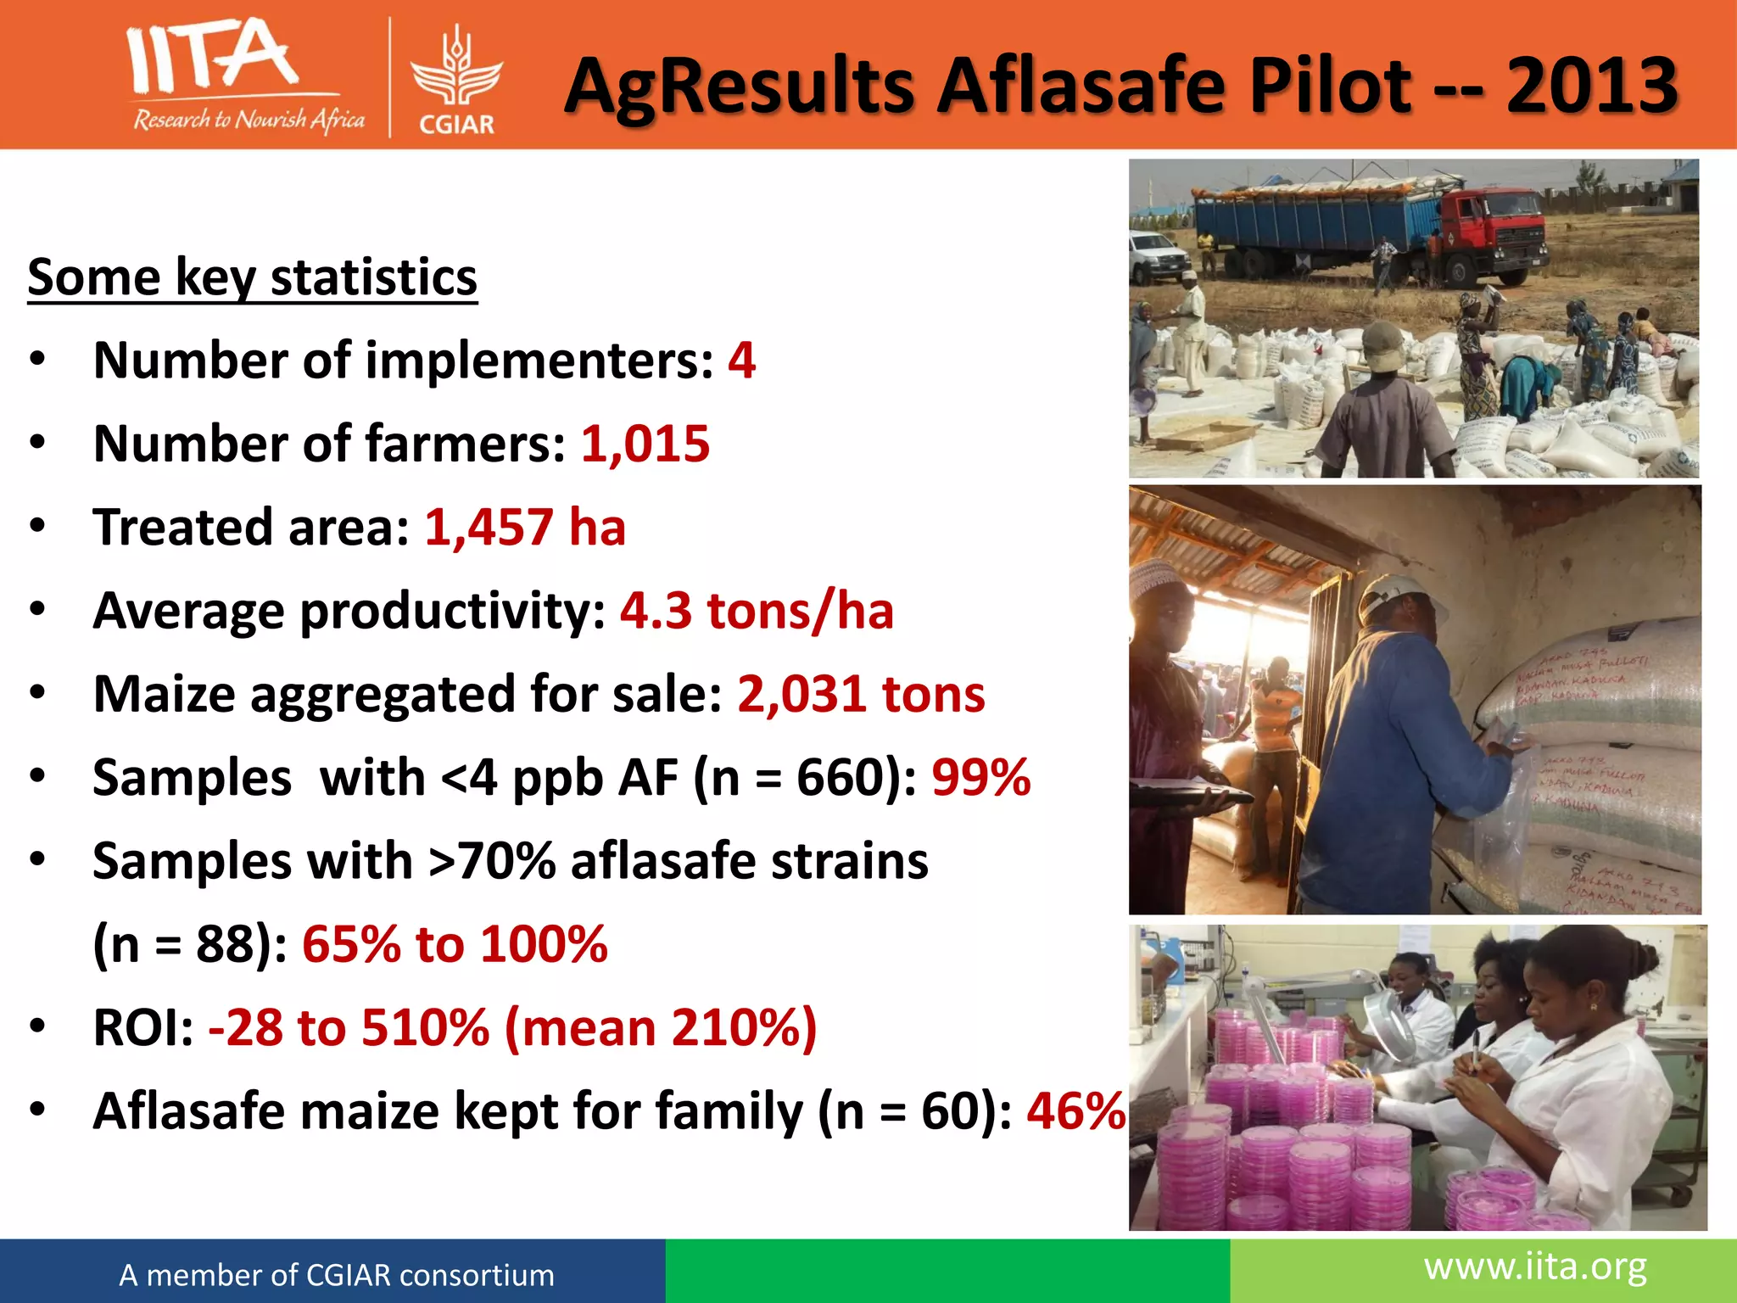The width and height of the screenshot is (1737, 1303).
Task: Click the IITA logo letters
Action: click(212, 58)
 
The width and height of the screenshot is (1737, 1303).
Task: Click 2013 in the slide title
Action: click(1592, 86)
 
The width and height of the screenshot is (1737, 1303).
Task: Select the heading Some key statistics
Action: click(252, 277)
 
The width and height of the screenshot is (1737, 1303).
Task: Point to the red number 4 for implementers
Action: click(741, 361)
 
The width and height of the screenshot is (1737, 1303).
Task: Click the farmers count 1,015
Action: click(645, 444)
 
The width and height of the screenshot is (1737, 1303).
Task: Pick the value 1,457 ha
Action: click(525, 527)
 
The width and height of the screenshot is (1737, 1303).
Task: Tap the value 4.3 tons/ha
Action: click(757, 611)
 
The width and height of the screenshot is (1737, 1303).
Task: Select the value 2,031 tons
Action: click(861, 694)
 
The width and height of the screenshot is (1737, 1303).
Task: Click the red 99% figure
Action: click(980, 777)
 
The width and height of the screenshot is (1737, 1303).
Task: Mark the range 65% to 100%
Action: click(455, 944)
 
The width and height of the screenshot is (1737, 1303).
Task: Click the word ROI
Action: click(143, 1027)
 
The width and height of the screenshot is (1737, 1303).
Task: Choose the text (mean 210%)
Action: click(661, 1027)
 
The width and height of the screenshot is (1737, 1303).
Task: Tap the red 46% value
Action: click(1075, 1110)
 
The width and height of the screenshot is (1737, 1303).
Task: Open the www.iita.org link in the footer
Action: click(1535, 1267)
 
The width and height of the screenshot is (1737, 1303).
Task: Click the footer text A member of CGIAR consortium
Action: click(337, 1275)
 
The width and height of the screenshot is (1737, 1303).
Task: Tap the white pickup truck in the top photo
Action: click(1159, 254)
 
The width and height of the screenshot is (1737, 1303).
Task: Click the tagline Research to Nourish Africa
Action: click(249, 120)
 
